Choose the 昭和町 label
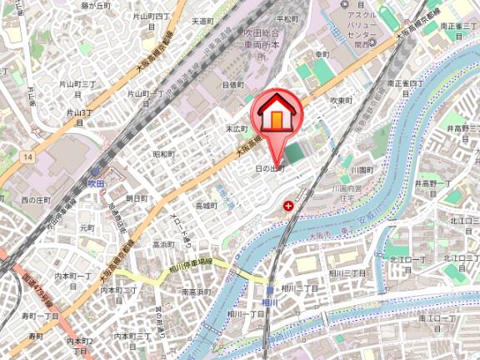coord(163,153)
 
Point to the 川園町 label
coord(361,168)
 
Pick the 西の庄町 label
coord(36,200)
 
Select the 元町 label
coord(86,227)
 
